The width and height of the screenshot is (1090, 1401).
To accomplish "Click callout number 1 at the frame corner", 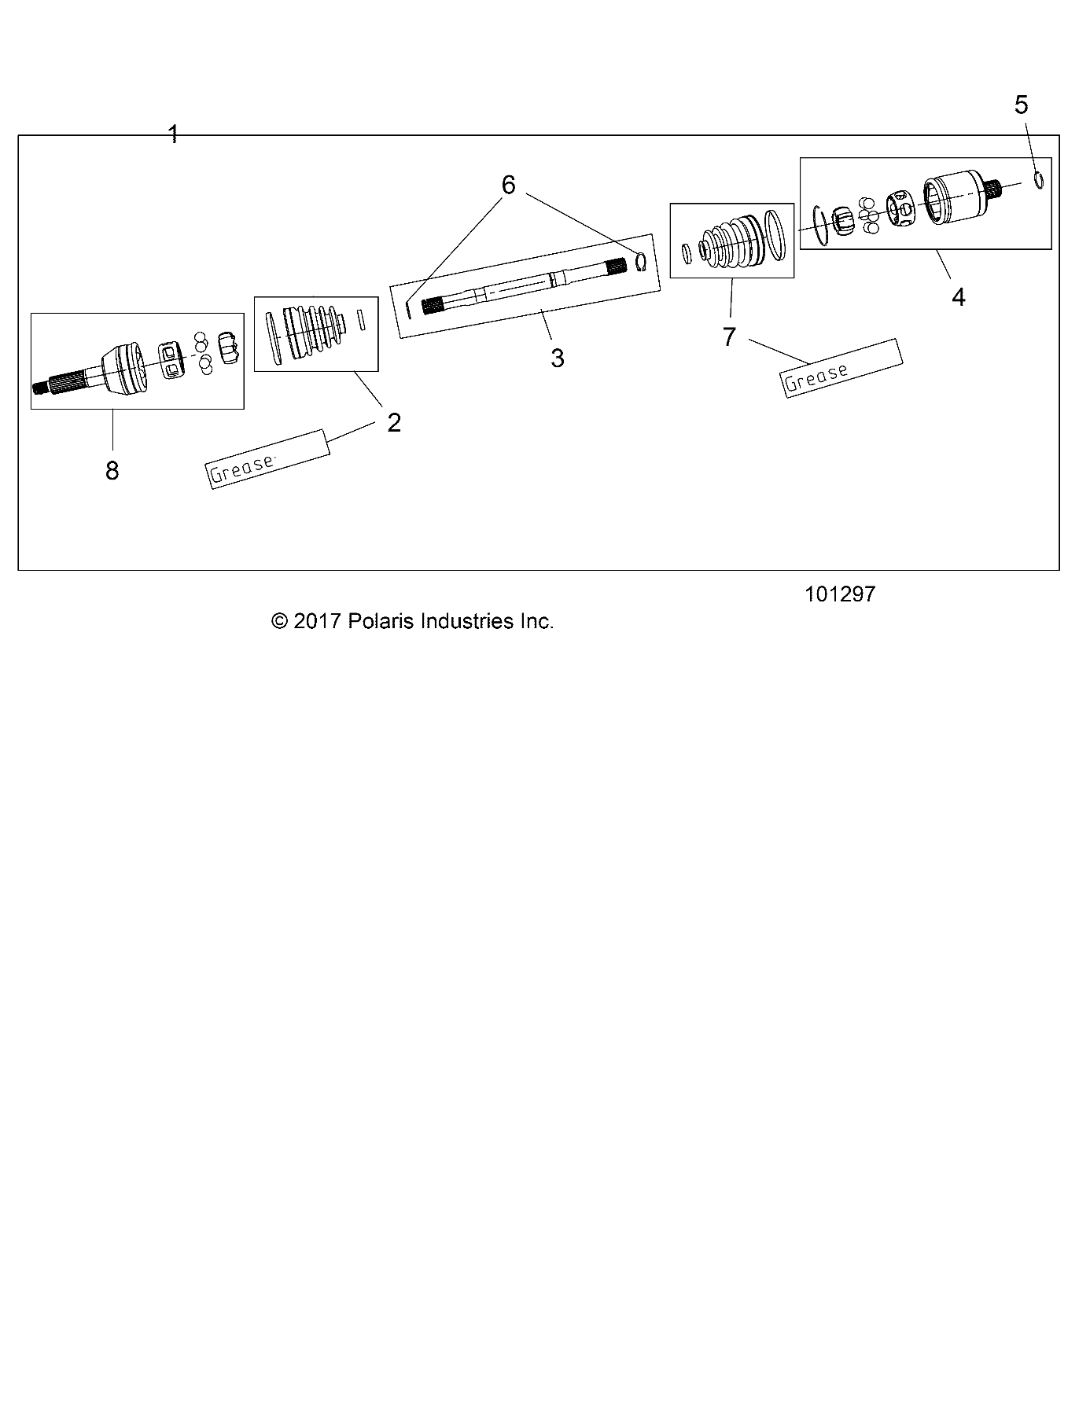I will tap(174, 134).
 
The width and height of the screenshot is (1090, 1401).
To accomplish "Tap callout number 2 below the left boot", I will tap(394, 423).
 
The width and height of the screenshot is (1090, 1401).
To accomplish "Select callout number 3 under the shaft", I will tap(557, 359).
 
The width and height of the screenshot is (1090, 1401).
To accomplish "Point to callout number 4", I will tap(958, 297).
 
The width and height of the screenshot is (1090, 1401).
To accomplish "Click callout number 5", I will tap(1021, 105).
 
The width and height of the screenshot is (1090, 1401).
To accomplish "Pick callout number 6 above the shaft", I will tap(508, 186).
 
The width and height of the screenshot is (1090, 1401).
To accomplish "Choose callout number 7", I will tap(729, 337).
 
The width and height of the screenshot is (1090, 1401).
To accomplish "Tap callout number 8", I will tap(112, 471).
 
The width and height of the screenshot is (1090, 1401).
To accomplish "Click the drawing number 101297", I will tap(840, 594).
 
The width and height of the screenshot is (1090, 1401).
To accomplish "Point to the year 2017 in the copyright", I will tap(315, 621).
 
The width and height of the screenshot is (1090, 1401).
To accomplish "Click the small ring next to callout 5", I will tap(1039, 180).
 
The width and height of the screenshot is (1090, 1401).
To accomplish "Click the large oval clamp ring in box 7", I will tap(775, 233).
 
